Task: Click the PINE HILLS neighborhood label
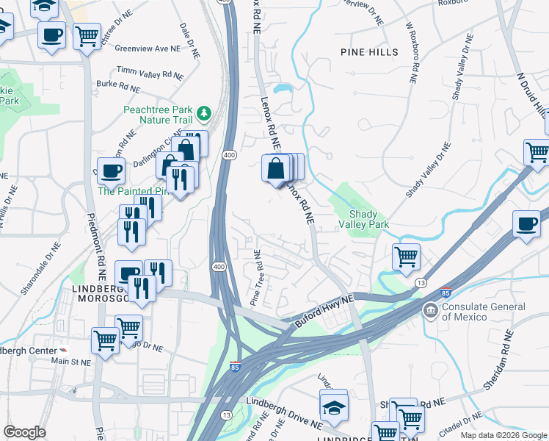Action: coord(370,52)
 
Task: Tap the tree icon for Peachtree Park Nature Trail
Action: coord(204,114)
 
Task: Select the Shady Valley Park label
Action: coord(363,219)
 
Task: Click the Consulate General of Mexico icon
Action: coord(430,311)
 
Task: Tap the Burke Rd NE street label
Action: coord(117,86)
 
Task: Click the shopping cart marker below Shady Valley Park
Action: coord(406,257)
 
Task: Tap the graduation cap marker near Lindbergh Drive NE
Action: coord(334,406)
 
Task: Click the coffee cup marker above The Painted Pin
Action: coord(111,171)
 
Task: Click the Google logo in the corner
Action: coord(24,432)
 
